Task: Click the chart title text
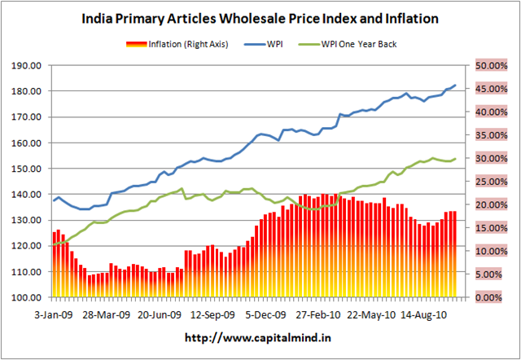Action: coord(260,17)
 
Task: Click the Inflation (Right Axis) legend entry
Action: coord(177,43)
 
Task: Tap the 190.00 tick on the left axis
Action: coord(29,65)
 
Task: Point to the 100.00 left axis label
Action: coord(29,297)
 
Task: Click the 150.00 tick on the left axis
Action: coord(29,169)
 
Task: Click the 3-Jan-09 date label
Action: coord(50,313)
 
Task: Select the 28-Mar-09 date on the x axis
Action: coord(106,313)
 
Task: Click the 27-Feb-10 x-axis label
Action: coord(317,313)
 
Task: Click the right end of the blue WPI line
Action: coord(454,85)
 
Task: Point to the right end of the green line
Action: coord(454,159)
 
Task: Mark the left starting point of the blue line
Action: coord(53,200)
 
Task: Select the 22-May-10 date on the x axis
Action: coord(370,313)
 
